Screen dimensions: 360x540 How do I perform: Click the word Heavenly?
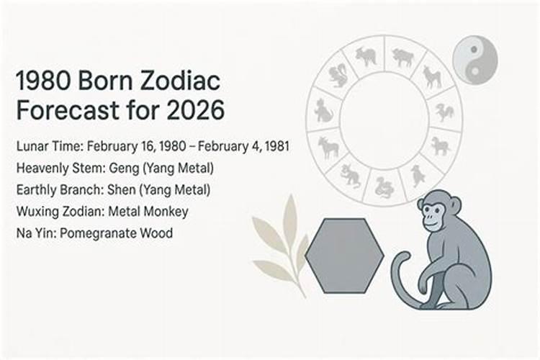tap(40, 169)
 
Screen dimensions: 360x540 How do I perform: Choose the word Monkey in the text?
tap(166, 212)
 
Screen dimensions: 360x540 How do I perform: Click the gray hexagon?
tap(344, 256)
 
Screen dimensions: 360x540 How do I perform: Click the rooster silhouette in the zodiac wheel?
tap(444, 112)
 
